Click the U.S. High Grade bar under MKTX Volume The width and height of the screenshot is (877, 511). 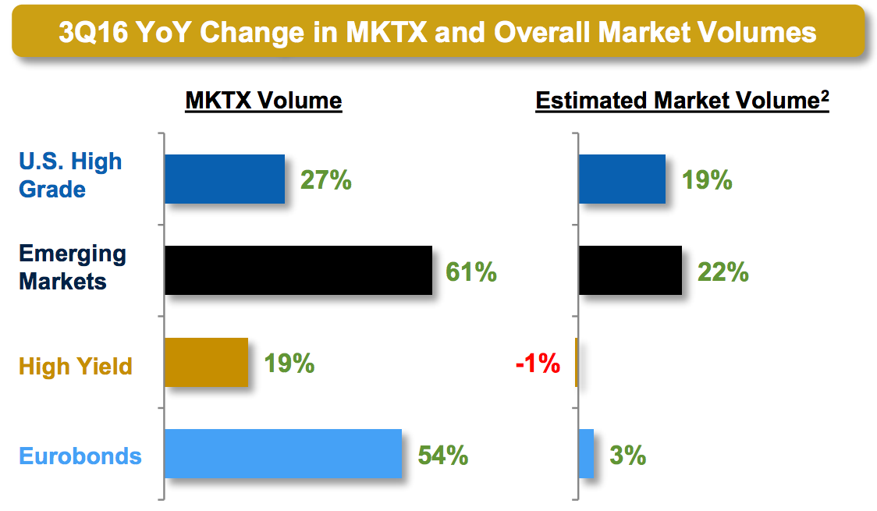coord(225,179)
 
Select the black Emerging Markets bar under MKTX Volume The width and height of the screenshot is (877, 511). coord(298,271)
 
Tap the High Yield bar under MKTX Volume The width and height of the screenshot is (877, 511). coord(206,362)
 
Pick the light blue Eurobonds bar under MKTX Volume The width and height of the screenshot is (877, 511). coord(283,453)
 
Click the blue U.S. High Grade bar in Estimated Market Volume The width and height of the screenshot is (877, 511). coord(622,179)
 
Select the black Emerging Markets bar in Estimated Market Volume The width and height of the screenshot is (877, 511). coord(630,271)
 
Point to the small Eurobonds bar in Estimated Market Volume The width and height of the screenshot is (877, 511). coord(586,453)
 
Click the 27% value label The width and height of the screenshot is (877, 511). coord(326,180)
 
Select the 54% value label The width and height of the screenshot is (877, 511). coord(442,455)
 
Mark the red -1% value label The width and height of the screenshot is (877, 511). coord(538,363)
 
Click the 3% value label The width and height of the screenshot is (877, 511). coord(627,455)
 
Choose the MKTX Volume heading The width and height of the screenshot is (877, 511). coord(264,101)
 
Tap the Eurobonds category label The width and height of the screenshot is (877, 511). coord(80,455)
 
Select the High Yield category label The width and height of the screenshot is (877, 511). coord(76,365)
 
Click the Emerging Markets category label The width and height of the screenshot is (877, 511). coord(73,267)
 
